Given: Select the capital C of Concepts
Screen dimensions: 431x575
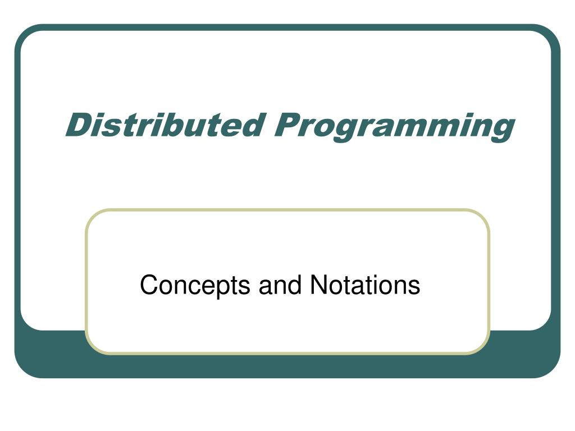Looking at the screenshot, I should tap(148, 285).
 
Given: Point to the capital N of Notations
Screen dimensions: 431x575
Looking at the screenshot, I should tap(318, 285).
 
